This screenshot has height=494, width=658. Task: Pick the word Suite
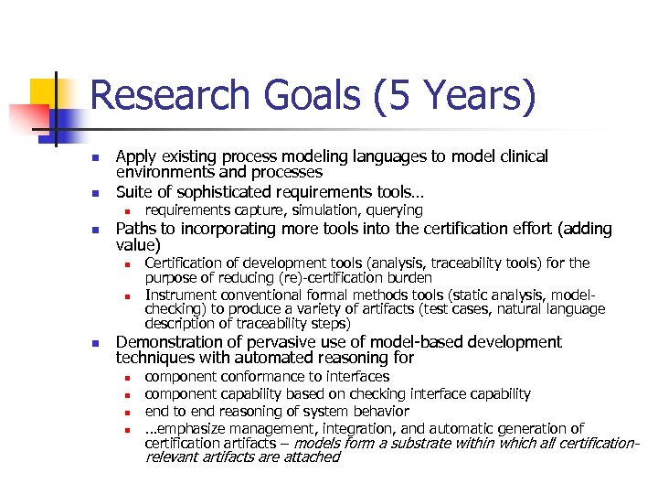point(133,192)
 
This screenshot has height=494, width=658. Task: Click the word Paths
point(136,228)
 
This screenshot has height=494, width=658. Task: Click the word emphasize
point(196,428)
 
